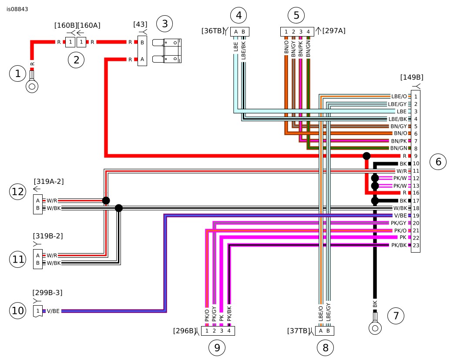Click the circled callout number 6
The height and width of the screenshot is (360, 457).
coord(438,162)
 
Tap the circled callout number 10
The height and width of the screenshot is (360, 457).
coord(18,310)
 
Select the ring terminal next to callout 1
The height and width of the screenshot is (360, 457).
coord(32,86)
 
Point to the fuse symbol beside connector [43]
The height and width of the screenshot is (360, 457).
coord(172,51)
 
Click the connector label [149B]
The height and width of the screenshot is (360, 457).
coord(411,77)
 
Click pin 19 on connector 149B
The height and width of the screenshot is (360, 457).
coord(416,215)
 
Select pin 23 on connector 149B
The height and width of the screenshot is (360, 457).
coord(416,245)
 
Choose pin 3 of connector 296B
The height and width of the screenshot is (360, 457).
coord(222,331)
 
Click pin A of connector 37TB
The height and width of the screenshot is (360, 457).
coord(321,331)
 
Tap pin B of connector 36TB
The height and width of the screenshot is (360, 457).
coord(243,31)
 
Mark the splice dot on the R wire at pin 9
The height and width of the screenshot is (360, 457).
coord(366,156)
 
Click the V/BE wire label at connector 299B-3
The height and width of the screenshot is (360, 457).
coord(54,311)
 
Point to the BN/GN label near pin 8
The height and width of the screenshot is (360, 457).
coord(398,148)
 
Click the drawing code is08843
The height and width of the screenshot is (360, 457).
coord(17,9)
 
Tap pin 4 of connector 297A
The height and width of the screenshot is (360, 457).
coord(308,31)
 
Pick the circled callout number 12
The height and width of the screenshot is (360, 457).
coord(18,192)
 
